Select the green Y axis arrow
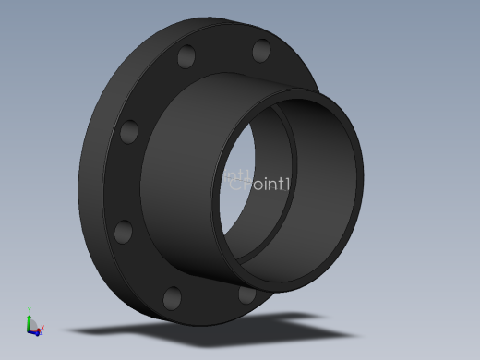pos(30,317)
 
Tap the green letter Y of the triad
pos(30,310)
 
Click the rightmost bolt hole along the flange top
pos(261,50)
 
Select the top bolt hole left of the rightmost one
pos(186,58)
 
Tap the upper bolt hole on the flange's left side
pos(129,131)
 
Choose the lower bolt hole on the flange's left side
pos(121,231)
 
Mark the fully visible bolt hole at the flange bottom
pos(172,297)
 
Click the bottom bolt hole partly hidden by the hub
pos(246,294)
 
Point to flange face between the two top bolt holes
pos(224,51)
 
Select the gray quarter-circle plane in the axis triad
pos(33,326)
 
